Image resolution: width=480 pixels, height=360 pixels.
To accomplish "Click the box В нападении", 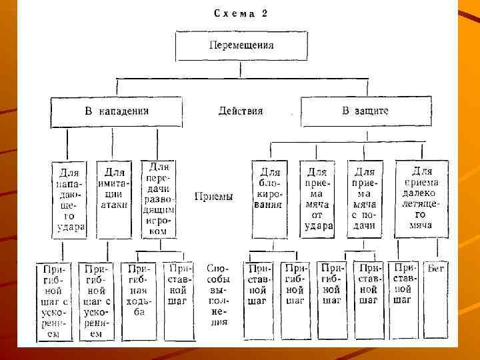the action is pyautogui.click(x=117, y=111).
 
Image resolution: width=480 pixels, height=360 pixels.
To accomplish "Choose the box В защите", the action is pyautogui.click(x=365, y=111).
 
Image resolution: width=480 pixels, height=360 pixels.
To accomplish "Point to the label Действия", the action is pyautogui.click(x=241, y=111).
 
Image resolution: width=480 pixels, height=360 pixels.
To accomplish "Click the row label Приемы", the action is pyautogui.click(x=213, y=197).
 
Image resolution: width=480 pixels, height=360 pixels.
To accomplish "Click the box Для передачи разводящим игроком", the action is pyautogui.click(x=159, y=199).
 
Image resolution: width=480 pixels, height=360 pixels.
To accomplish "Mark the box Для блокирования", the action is pyautogui.click(x=269, y=193).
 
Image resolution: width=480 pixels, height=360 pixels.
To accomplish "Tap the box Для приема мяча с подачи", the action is pyautogui.click(x=365, y=199).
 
